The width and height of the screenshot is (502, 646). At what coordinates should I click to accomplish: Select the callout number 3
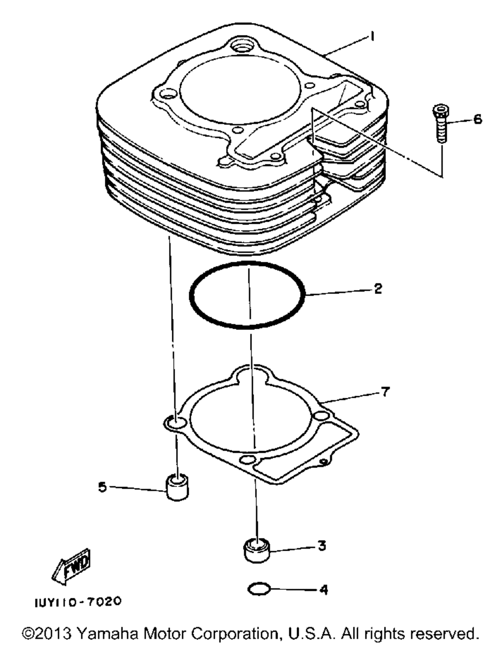(322, 546)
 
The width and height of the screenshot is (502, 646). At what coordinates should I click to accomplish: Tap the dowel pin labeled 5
(177, 488)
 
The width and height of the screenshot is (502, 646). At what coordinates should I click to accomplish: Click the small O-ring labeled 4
(259, 589)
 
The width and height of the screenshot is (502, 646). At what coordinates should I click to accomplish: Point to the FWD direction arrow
(72, 565)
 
